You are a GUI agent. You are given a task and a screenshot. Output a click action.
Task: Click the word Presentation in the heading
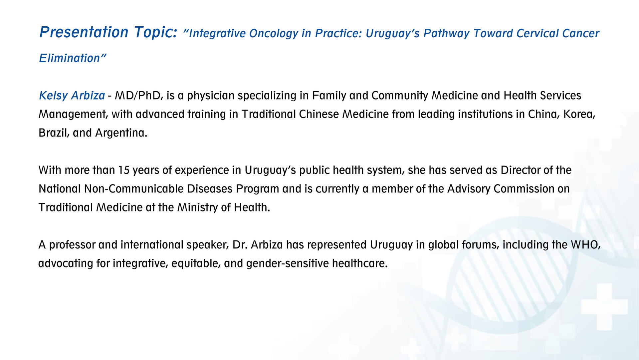84,32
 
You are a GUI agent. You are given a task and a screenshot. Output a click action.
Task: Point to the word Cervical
537,33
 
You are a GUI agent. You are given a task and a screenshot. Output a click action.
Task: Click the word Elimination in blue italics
69,58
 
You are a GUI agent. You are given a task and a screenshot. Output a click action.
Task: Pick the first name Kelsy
54,96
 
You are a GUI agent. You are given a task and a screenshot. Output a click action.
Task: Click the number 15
124,171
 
